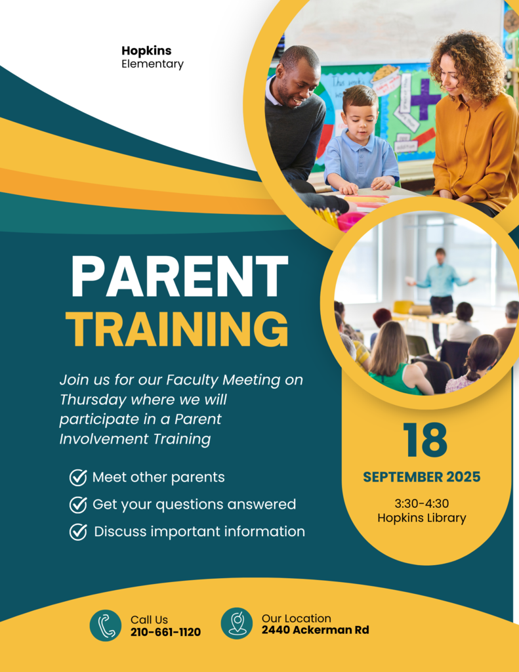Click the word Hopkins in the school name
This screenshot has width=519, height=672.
coord(146,51)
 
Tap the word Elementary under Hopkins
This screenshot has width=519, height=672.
coord(153,64)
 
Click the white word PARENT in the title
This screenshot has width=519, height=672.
coord(180,276)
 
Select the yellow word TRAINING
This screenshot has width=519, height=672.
coord(177,329)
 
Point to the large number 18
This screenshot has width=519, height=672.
coord(425,440)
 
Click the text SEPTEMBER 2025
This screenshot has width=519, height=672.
coord(422,477)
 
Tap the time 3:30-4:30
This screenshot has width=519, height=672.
coord(422,503)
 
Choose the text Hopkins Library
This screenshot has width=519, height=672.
coord(422,518)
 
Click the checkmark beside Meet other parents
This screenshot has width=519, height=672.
coord(78,477)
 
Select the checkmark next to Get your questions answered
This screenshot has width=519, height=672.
coord(78,505)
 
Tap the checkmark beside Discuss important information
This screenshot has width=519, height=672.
coord(78,532)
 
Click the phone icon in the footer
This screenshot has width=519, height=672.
coord(106,625)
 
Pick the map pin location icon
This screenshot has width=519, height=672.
coord(237,623)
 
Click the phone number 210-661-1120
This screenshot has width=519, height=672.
coord(165,632)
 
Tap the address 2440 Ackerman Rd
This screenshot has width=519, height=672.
coord(316,630)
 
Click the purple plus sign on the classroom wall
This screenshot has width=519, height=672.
coord(425,98)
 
